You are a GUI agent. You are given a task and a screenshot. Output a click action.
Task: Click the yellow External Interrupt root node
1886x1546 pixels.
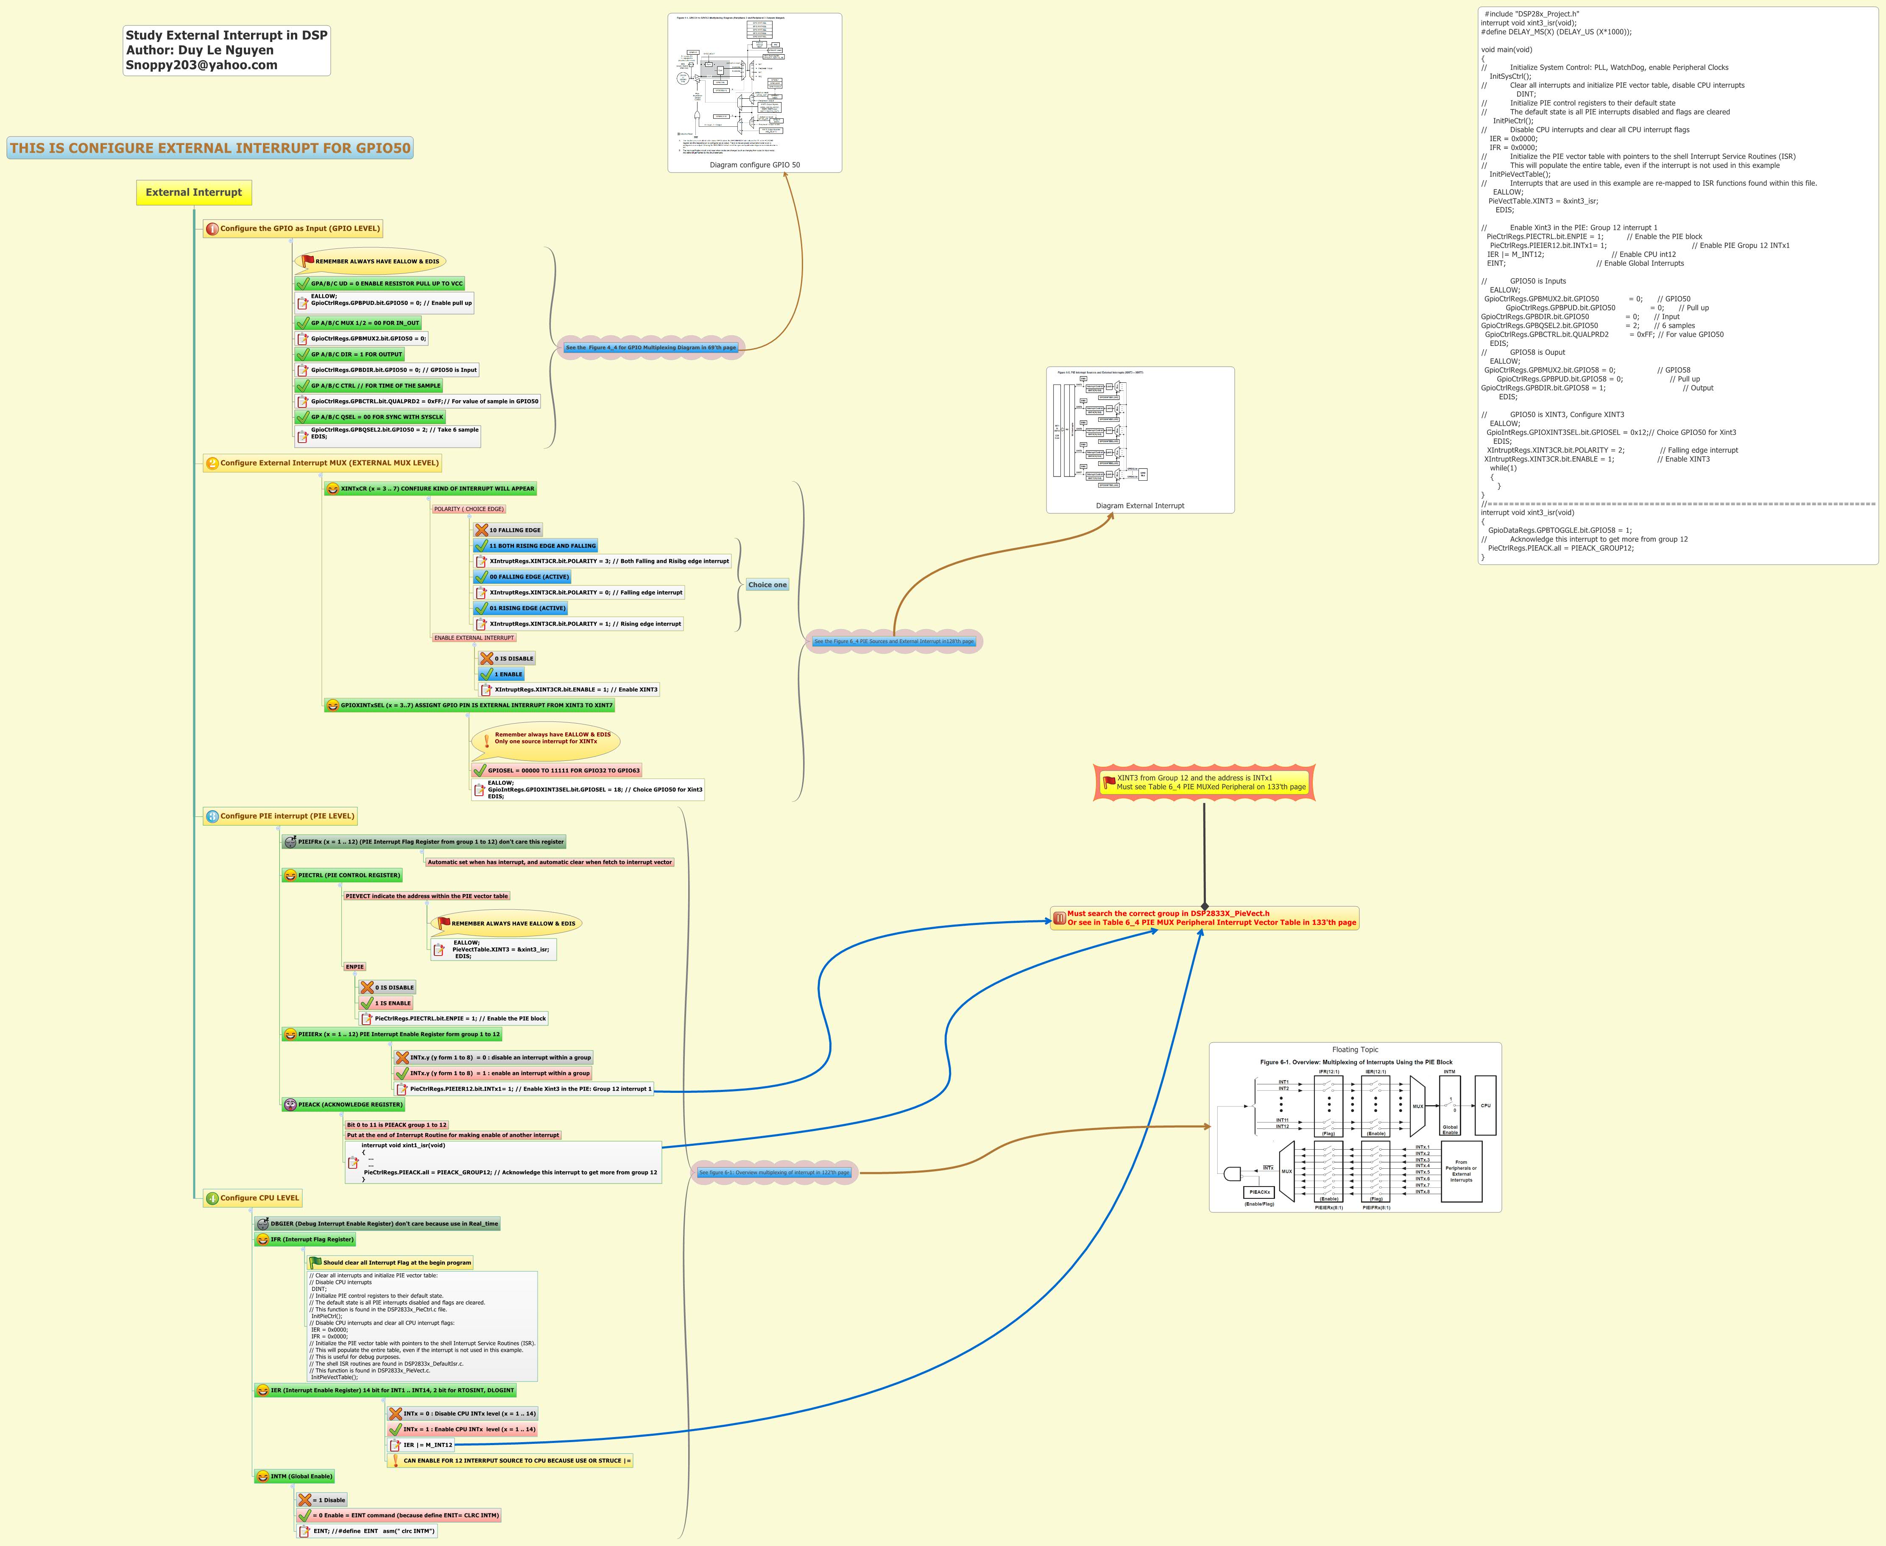[193, 192]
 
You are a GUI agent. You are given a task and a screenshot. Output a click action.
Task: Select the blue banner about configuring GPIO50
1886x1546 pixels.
[210, 148]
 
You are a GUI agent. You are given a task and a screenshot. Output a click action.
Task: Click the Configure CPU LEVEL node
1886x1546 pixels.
[259, 1198]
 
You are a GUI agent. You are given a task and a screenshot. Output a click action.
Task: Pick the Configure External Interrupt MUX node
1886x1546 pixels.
[329, 463]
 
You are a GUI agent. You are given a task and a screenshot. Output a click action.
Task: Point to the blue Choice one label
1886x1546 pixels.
[767, 585]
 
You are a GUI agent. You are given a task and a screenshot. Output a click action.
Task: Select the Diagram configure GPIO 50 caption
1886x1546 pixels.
[755, 165]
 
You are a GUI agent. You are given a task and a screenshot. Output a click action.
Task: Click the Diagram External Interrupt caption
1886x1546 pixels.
[1139, 506]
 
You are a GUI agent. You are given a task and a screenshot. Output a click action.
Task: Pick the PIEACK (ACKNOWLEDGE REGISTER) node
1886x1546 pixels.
[349, 1104]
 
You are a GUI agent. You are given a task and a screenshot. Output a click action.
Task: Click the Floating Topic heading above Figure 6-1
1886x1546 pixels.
[1355, 1050]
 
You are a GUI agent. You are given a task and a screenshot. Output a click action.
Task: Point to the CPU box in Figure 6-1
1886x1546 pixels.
[1485, 1105]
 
